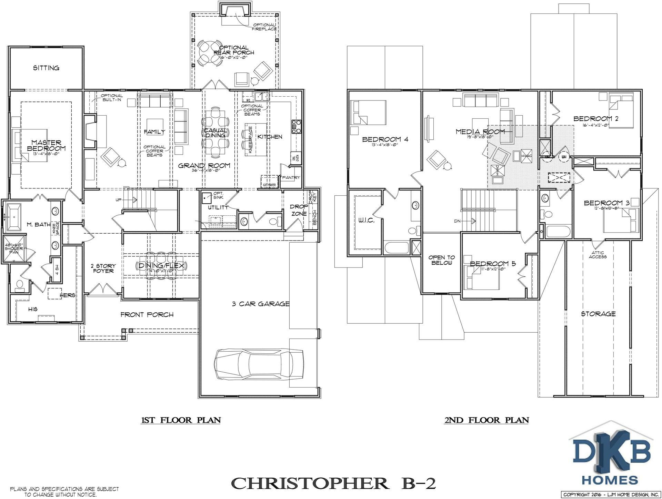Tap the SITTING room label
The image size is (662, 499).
point(46,68)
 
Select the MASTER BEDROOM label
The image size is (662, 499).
point(46,145)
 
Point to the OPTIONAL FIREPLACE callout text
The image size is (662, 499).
point(264,27)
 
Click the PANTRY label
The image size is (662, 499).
point(291,177)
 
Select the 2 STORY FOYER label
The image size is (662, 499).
point(103,268)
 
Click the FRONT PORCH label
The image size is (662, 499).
point(147,314)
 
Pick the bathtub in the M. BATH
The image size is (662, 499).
point(12,217)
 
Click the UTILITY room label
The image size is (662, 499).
point(218,207)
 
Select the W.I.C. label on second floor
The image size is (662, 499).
point(366,220)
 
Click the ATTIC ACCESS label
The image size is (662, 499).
point(598,255)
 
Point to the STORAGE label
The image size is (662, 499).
point(598,314)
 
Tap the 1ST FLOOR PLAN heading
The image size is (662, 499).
point(181,420)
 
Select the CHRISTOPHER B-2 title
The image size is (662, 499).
point(333,483)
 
